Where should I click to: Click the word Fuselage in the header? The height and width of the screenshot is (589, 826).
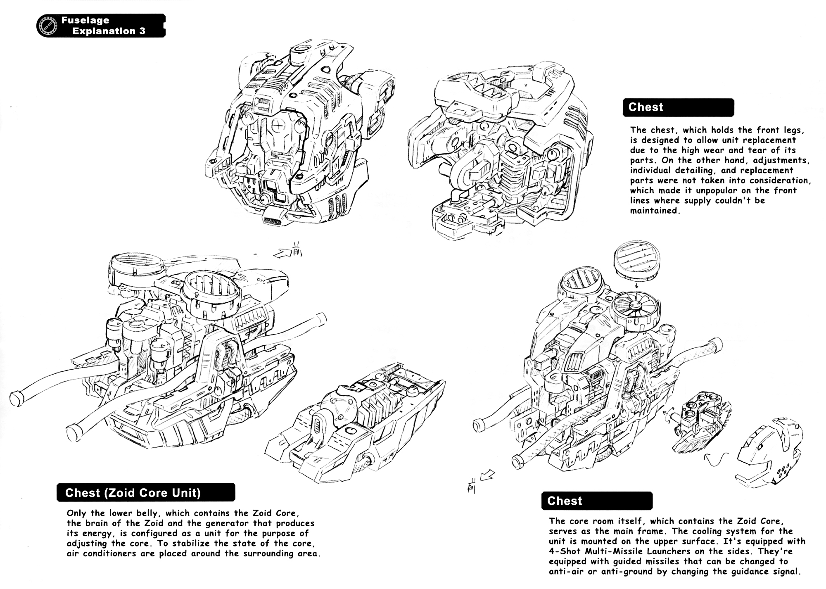tap(85, 20)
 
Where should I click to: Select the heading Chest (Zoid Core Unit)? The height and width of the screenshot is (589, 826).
tap(133, 493)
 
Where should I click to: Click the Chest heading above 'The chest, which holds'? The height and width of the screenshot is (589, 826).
tap(646, 107)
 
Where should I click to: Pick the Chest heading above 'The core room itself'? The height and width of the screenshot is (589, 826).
tap(564, 501)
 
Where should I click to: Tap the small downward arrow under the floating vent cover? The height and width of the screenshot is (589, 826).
tap(636, 285)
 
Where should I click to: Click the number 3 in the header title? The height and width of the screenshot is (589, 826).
tap(142, 31)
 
